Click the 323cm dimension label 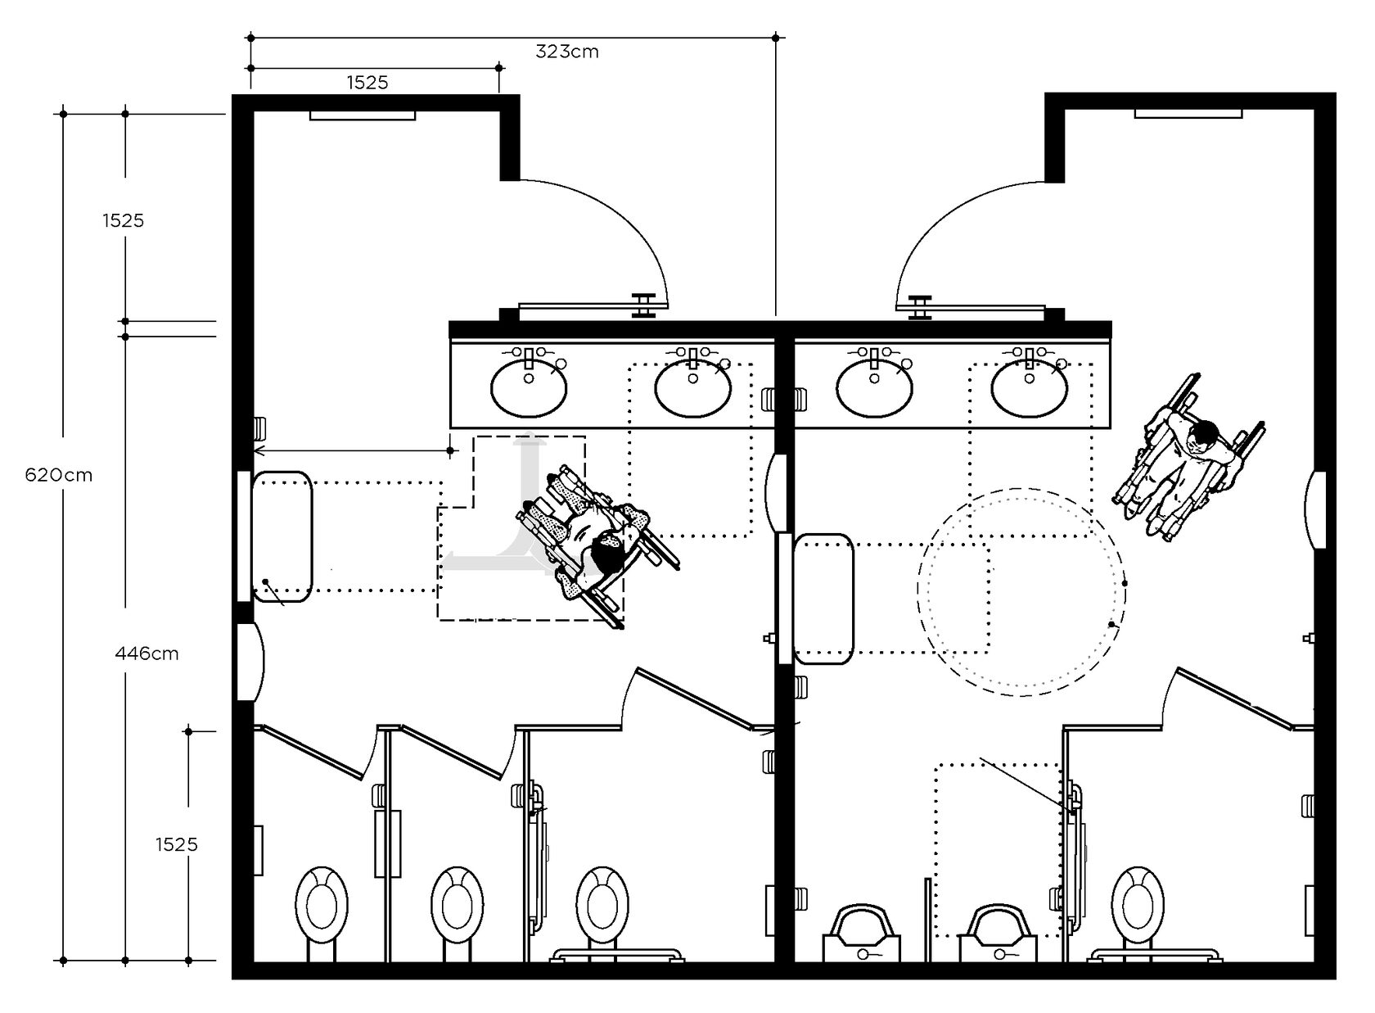[x=566, y=52]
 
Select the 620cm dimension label [x=59, y=475]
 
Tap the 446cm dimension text [x=147, y=653]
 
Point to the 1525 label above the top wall [x=367, y=83]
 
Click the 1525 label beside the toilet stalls [x=176, y=844]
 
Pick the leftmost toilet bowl [x=322, y=906]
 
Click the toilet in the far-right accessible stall [x=1138, y=906]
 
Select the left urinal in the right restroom [x=861, y=933]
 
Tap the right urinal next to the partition [x=998, y=933]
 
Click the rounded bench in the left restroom [x=282, y=536]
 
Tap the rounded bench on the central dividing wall [x=823, y=599]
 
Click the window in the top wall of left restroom [x=362, y=115]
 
